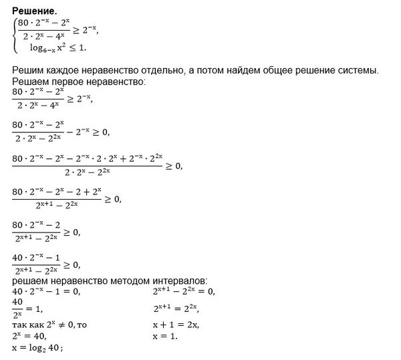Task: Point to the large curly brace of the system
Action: [x=14, y=35]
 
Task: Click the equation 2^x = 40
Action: [x=31, y=336]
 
